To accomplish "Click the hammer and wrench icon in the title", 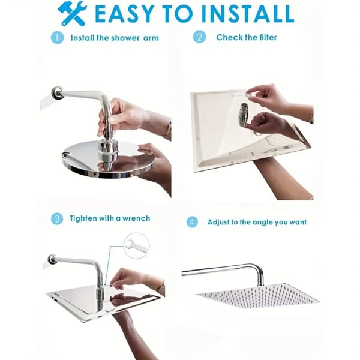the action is pyautogui.click(x=73, y=14).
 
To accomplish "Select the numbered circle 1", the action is pyautogui.click(x=57, y=38).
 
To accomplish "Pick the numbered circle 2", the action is pyautogui.click(x=199, y=37).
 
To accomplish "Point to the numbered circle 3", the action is pyautogui.click(x=57, y=219).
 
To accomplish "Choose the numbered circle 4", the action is pyautogui.click(x=192, y=222).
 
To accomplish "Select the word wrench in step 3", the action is pyautogui.click(x=136, y=218).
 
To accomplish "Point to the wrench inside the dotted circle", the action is pyautogui.click(x=131, y=245).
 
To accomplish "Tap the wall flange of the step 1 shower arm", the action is pyautogui.click(x=58, y=93).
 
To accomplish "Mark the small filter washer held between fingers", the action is pyautogui.click(x=248, y=94).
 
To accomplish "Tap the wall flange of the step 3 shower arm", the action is pyautogui.click(x=52, y=260).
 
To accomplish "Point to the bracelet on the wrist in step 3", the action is pyautogui.click(x=163, y=287).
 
